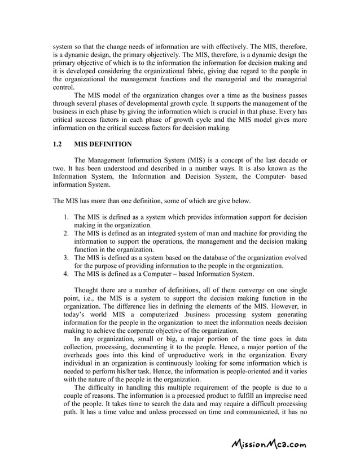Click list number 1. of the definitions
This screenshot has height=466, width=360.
(x=66, y=217)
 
